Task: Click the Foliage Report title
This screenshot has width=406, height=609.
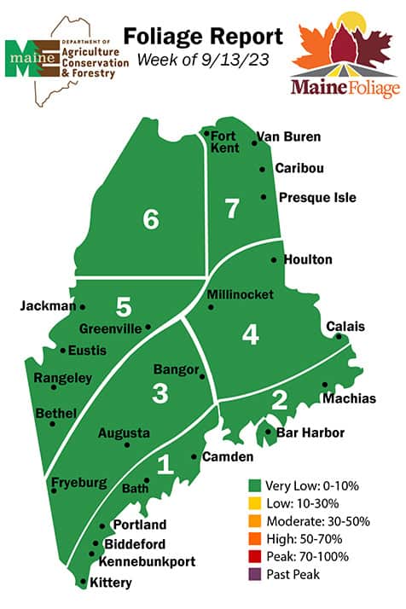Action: (203, 37)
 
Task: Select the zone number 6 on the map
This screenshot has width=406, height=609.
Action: (151, 220)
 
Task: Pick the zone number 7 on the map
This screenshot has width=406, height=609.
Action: (232, 207)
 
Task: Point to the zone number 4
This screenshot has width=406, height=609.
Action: (250, 335)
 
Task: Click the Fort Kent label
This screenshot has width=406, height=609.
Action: (225, 142)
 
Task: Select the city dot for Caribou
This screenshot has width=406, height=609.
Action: (263, 170)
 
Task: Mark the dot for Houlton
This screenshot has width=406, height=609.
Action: (274, 259)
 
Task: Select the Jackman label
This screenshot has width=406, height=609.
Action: (48, 305)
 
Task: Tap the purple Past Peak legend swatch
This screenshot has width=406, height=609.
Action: (253, 574)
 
